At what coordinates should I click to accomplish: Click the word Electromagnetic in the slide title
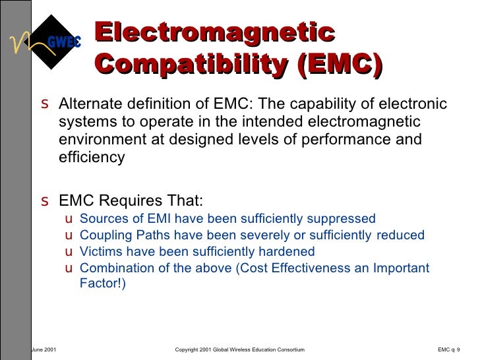click(x=214, y=33)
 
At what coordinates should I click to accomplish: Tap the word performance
click(x=344, y=140)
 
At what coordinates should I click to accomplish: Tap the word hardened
click(x=289, y=252)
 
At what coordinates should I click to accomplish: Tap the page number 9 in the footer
click(x=458, y=349)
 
